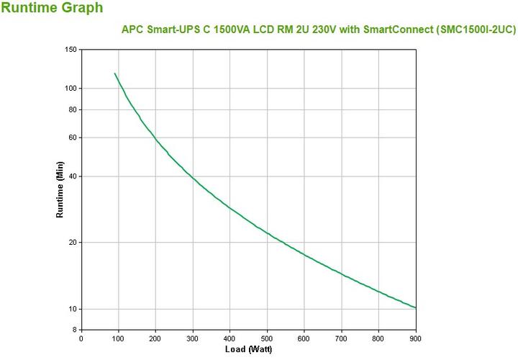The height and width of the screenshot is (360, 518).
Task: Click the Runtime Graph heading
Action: point(52,9)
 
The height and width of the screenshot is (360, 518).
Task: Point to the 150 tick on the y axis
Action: point(71,50)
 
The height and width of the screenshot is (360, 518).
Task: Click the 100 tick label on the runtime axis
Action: point(71,89)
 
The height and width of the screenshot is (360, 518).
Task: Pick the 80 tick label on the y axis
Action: point(72,109)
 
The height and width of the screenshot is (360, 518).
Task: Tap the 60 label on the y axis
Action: point(72,138)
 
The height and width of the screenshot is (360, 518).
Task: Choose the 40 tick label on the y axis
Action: point(72,176)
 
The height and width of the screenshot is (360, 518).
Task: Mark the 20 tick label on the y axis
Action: point(72,243)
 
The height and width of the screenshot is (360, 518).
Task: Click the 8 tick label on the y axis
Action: point(74,330)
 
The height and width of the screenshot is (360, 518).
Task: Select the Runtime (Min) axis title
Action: point(60,190)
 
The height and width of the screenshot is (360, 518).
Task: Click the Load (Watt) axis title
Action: point(248,350)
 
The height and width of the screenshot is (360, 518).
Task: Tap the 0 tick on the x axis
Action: point(81,338)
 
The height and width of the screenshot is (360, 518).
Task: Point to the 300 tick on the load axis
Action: point(192,338)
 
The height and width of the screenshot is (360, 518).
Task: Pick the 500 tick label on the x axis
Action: point(267,338)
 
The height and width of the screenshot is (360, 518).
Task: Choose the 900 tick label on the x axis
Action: point(415,338)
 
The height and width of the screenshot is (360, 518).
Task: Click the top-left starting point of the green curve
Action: point(114,73)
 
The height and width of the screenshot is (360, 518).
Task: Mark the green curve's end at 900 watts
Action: point(415,307)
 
